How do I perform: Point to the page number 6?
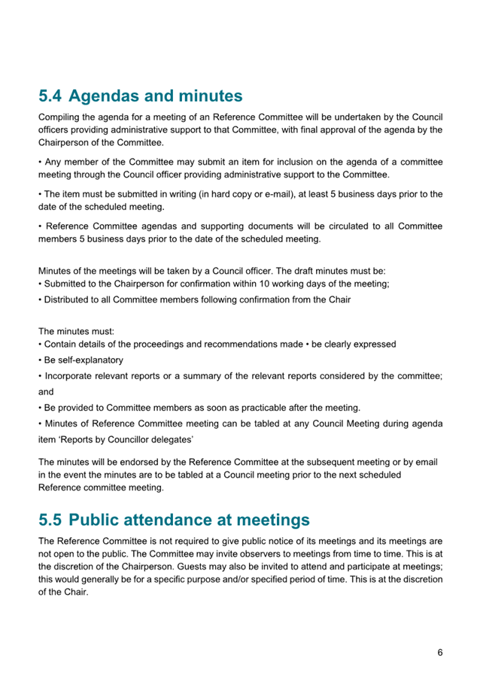(440, 652)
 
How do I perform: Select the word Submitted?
(70, 284)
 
